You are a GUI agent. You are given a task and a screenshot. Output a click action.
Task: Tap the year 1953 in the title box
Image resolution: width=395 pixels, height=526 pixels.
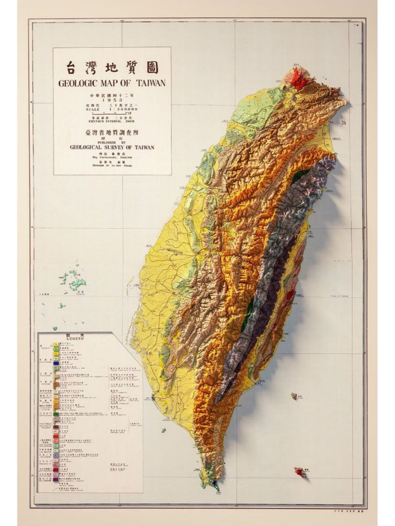coord(112,100)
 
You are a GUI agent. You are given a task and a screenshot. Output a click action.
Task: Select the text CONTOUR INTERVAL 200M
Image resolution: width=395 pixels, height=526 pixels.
coord(112,121)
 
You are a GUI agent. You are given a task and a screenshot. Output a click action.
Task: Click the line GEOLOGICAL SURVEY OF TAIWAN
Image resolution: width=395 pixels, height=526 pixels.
coord(112,147)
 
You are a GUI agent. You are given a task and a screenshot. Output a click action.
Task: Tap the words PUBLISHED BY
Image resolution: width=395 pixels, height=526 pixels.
coord(112,143)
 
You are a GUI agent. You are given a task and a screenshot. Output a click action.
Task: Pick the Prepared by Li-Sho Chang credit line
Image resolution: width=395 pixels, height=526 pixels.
coord(112,166)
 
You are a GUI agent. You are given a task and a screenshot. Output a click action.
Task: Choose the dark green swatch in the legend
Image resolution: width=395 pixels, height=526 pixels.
coord(56,414)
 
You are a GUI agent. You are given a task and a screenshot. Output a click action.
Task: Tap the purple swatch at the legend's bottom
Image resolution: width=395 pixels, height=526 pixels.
coord(56,480)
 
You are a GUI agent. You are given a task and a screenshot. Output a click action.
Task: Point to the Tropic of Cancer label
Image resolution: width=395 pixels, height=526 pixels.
coord(339,295)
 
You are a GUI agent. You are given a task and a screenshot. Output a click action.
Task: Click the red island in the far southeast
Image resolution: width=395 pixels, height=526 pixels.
coord(300,472)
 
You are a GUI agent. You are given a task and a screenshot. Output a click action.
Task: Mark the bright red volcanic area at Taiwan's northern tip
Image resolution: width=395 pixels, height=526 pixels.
coord(298,80)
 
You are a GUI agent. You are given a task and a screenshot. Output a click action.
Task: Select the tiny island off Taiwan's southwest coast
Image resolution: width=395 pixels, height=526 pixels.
coord(163,430)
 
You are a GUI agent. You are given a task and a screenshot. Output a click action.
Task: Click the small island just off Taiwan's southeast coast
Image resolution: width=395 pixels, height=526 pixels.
coord(294,396)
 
